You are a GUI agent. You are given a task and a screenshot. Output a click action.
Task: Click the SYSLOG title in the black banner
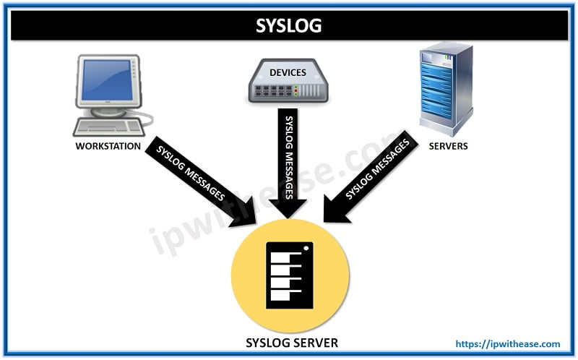point(289,26)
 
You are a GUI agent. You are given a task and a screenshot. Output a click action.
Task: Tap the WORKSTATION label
point(106,146)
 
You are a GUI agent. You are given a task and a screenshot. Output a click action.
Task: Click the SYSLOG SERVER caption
point(290,341)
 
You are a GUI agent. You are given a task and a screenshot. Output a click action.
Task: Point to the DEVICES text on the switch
point(288,72)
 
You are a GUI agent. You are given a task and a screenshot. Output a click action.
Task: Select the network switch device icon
point(289,81)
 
